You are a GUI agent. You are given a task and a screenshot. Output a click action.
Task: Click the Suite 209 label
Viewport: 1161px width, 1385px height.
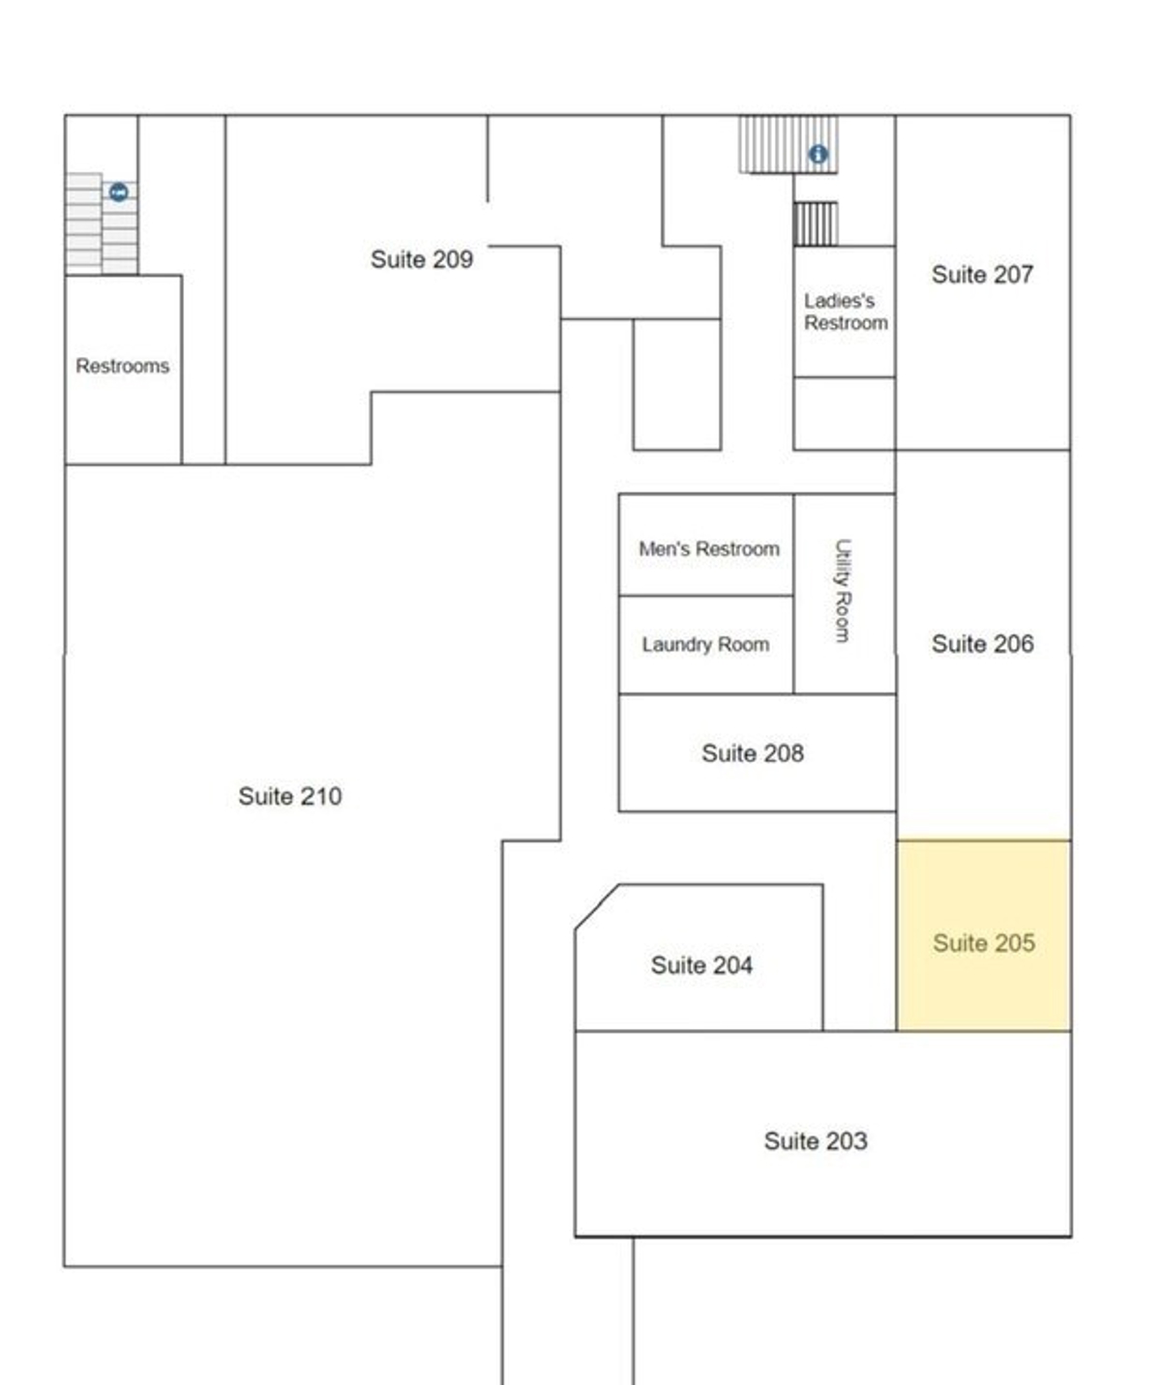pos(421,259)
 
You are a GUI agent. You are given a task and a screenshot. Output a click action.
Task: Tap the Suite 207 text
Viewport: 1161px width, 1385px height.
pos(982,275)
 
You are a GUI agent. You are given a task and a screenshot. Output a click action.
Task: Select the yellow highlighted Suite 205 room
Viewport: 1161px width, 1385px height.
pos(983,935)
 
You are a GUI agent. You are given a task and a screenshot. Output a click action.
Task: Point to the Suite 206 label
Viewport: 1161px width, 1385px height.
pos(983,644)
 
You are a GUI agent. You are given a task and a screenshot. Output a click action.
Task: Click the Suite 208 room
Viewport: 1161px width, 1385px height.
pos(757,752)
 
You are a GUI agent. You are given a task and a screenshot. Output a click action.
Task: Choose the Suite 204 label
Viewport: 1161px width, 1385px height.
pos(701,965)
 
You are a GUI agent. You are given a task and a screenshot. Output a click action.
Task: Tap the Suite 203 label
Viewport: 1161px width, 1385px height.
pos(816,1141)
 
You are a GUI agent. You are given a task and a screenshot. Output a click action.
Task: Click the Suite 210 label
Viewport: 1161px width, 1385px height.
pos(290,796)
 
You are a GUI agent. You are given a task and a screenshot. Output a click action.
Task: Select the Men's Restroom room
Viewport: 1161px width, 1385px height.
pos(706,545)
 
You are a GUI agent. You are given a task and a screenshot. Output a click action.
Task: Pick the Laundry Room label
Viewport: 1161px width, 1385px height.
pos(706,645)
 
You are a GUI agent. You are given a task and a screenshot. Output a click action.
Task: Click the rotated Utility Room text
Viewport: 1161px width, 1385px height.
pos(843,591)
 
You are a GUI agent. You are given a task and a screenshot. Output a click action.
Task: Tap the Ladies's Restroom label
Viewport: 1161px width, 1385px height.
pos(846,311)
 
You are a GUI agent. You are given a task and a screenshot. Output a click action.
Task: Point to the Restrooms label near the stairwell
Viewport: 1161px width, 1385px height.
pos(122,367)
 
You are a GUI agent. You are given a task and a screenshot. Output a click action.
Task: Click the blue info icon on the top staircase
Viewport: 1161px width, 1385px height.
pos(818,155)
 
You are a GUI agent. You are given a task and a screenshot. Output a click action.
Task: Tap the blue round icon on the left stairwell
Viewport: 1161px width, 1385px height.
pos(119,192)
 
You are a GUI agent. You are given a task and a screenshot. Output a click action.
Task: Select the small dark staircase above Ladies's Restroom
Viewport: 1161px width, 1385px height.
pos(816,224)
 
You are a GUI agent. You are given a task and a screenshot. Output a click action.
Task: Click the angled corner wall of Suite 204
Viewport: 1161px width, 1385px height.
pos(597,907)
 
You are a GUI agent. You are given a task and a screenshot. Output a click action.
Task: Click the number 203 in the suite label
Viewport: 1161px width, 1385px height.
pos(845,1141)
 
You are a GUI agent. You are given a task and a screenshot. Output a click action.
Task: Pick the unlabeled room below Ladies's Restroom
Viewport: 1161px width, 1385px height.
pos(845,414)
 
